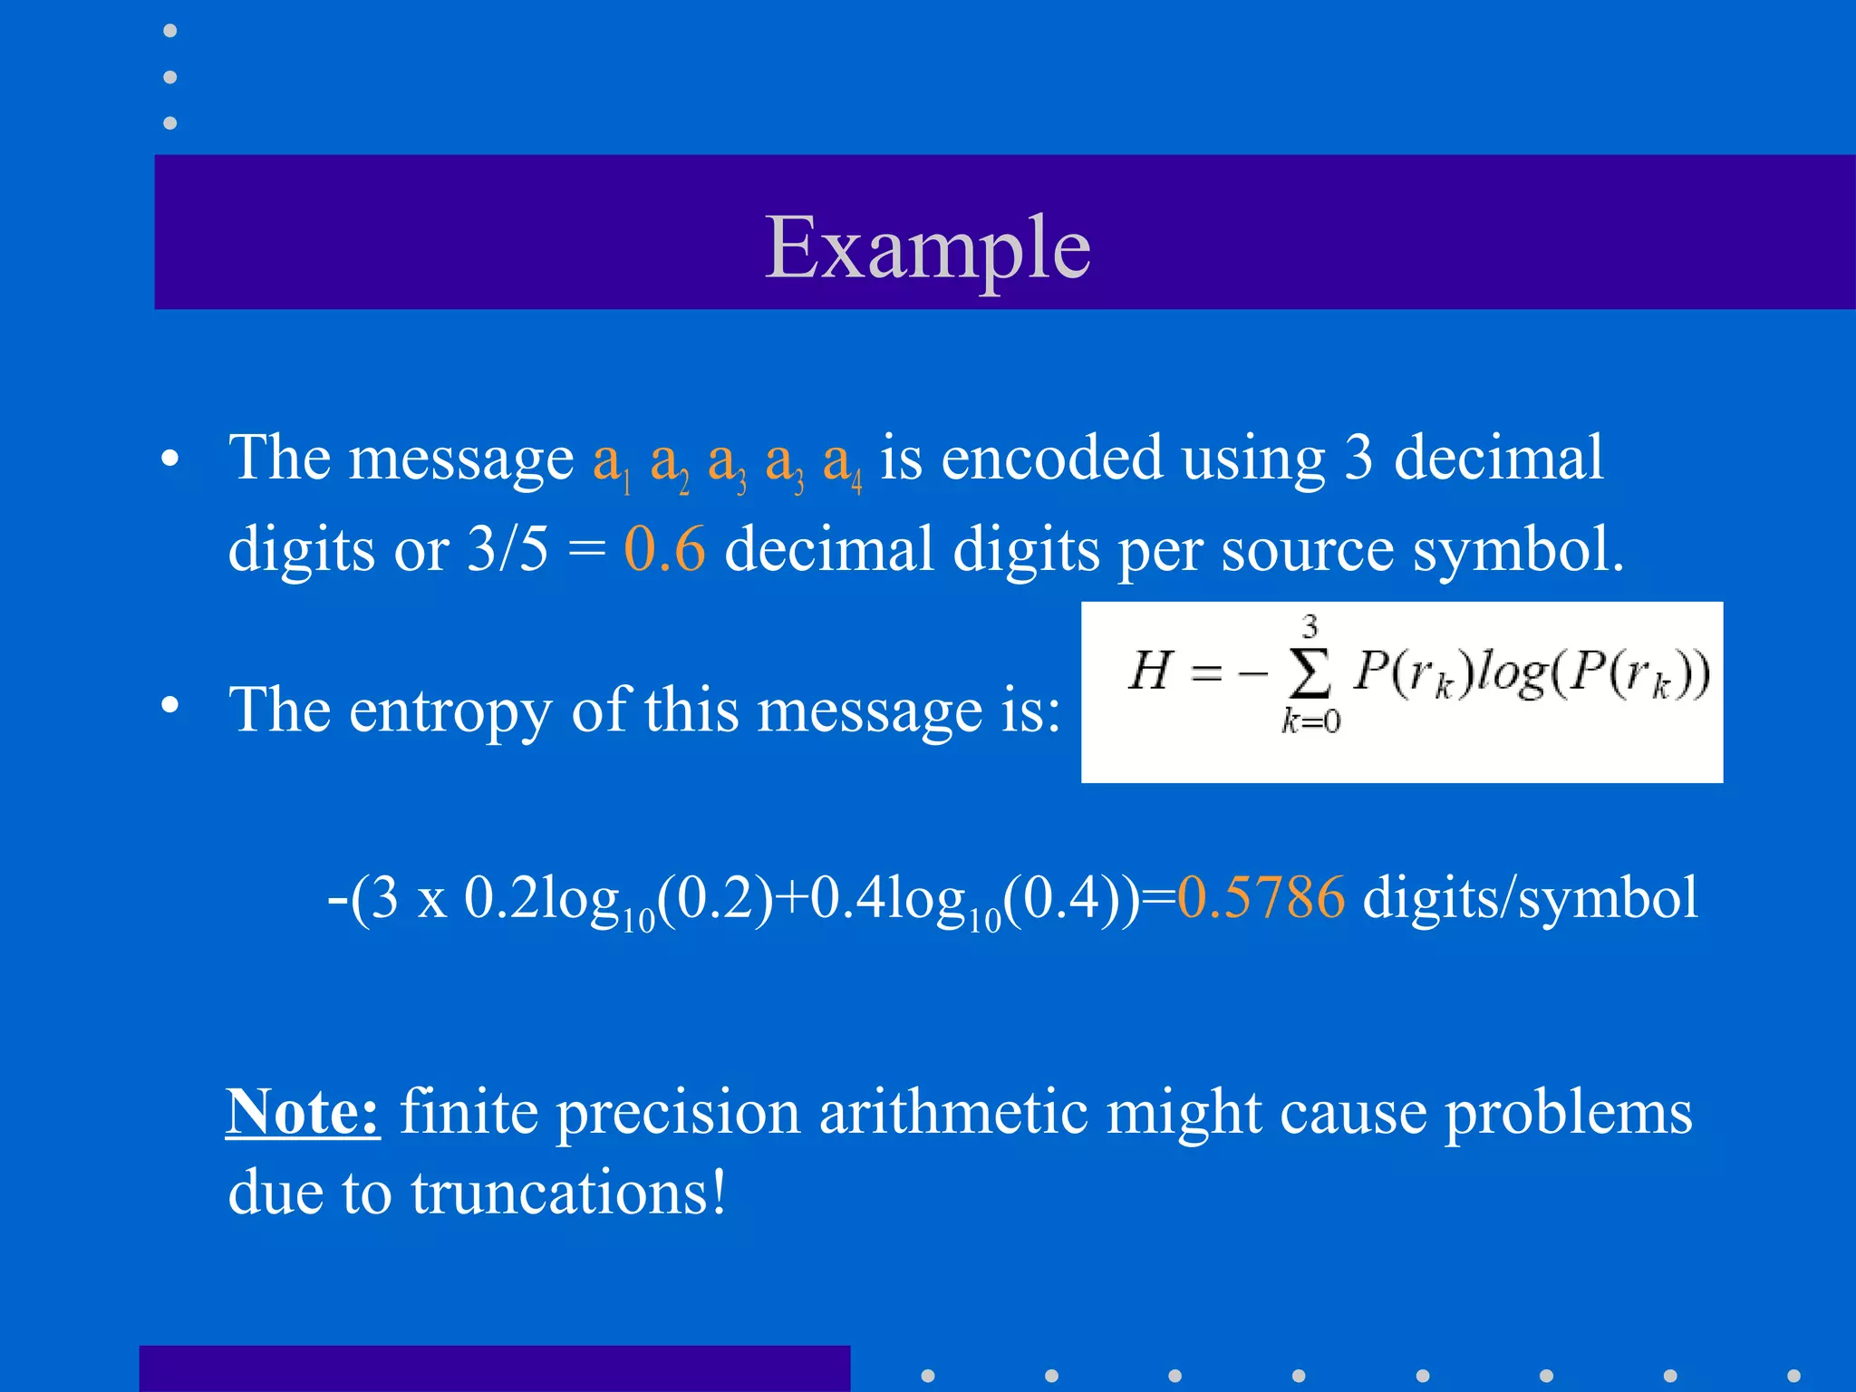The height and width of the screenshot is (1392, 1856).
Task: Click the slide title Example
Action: (x=927, y=247)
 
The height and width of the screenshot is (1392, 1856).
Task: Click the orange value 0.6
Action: (x=664, y=549)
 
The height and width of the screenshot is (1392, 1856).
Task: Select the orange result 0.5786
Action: (x=1261, y=898)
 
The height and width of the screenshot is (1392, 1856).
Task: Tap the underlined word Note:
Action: (x=303, y=1111)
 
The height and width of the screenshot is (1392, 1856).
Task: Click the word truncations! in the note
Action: (x=568, y=1193)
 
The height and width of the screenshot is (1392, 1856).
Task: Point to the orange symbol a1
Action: (x=611, y=460)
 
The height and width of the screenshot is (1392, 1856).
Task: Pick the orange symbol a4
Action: (x=842, y=460)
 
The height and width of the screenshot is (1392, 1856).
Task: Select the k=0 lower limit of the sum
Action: (x=1310, y=721)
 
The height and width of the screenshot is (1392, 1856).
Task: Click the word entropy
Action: (x=449, y=710)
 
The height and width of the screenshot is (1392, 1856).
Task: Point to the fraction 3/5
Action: (x=507, y=549)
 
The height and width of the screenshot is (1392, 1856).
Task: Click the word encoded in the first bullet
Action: (x=1051, y=458)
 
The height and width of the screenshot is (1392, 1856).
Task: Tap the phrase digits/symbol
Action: (x=1530, y=898)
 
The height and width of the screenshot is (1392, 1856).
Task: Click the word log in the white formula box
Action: (x=1511, y=674)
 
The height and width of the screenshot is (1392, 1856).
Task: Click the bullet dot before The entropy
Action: (x=169, y=704)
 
